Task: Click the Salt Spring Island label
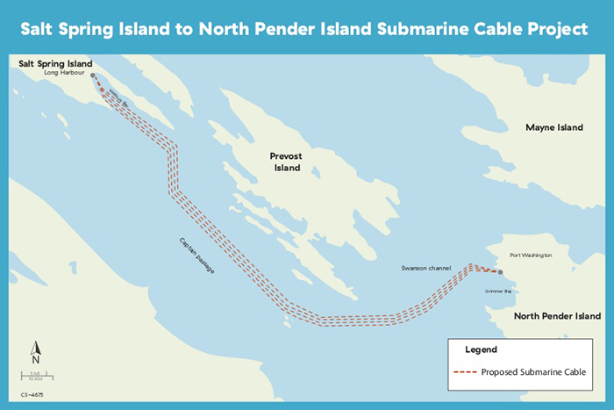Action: (x=56, y=64)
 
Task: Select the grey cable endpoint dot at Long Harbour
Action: (x=94, y=76)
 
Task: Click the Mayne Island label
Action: (x=553, y=127)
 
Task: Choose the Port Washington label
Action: (x=531, y=255)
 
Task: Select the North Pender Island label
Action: (x=556, y=316)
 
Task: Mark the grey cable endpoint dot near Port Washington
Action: (x=501, y=272)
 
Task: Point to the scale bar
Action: (x=37, y=378)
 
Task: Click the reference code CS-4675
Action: (x=32, y=394)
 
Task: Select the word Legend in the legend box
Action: (x=481, y=349)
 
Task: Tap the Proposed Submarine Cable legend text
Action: (x=533, y=372)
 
